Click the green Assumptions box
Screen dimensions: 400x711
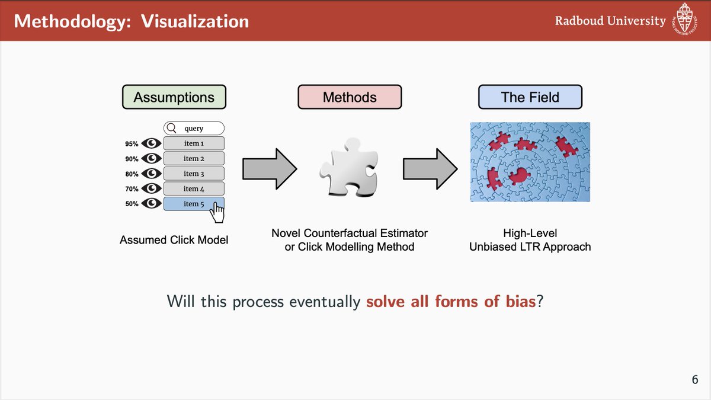click(x=174, y=97)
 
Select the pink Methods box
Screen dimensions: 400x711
click(x=350, y=97)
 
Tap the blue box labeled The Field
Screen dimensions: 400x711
click(x=530, y=97)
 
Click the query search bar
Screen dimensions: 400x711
click(x=194, y=129)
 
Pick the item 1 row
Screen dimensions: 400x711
click(x=194, y=143)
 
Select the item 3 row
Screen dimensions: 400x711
click(x=194, y=174)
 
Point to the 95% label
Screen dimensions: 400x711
click(x=132, y=144)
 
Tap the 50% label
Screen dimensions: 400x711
click(x=132, y=204)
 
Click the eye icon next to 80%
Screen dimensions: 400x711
click(x=152, y=174)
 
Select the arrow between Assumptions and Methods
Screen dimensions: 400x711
click(x=269, y=168)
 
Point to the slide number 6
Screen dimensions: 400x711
click(x=694, y=380)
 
